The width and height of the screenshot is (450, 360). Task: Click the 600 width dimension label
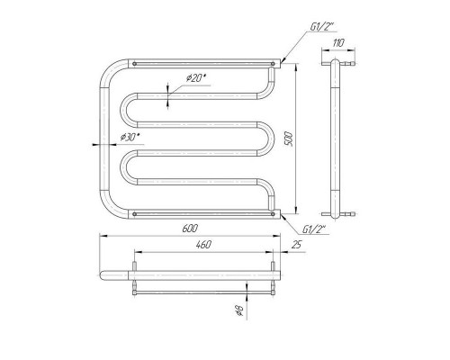pyautogui.click(x=190, y=229)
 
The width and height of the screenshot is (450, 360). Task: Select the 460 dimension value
pyautogui.click(x=203, y=245)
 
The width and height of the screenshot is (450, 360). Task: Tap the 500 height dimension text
pyautogui.click(x=289, y=139)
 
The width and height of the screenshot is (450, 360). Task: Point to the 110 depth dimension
pyautogui.click(x=338, y=43)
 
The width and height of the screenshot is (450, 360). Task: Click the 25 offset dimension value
pyautogui.click(x=296, y=245)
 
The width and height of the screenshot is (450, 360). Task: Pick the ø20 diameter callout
pyautogui.click(x=196, y=78)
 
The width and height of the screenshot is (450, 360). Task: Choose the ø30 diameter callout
pyautogui.click(x=130, y=137)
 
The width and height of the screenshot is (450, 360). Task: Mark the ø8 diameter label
pyautogui.click(x=239, y=310)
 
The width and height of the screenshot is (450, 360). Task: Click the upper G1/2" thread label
pyautogui.click(x=323, y=27)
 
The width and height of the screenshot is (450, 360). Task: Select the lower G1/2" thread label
pyautogui.click(x=314, y=229)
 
